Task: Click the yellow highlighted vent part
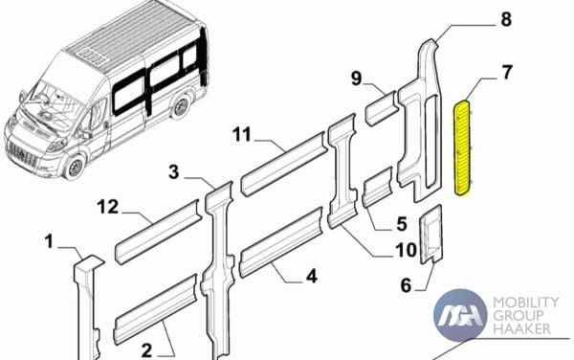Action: [x=463, y=147]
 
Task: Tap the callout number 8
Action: [x=506, y=19]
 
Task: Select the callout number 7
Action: [x=507, y=73]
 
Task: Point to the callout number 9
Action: [x=356, y=79]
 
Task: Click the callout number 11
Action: [x=242, y=134]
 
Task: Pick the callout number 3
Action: [x=174, y=171]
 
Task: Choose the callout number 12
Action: [x=108, y=207]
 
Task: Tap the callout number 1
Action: [x=49, y=241]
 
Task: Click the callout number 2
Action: [x=146, y=350]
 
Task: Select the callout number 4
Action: [x=312, y=276]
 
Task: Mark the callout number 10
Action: [x=406, y=250]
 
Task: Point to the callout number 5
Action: [x=402, y=224]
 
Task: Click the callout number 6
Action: [x=406, y=285]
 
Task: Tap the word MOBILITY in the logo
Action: [x=526, y=303]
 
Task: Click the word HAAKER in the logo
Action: [x=521, y=328]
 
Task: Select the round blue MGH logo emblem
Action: [x=460, y=315]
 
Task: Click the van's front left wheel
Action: [x=76, y=167]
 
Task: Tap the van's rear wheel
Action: [x=180, y=106]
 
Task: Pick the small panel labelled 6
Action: [x=430, y=235]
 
